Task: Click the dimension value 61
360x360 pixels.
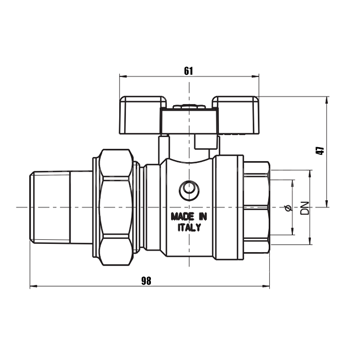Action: tap(188, 71)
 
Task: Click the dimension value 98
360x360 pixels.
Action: tap(146, 281)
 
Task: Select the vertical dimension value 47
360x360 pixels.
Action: tap(320, 151)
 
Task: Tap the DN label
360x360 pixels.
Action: tap(305, 208)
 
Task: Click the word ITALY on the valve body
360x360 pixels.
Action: tap(189, 228)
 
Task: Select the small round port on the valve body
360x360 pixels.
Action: tap(189, 188)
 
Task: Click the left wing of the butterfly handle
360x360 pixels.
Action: tap(143, 115)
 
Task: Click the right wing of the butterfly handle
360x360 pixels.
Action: tap(235, 115)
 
